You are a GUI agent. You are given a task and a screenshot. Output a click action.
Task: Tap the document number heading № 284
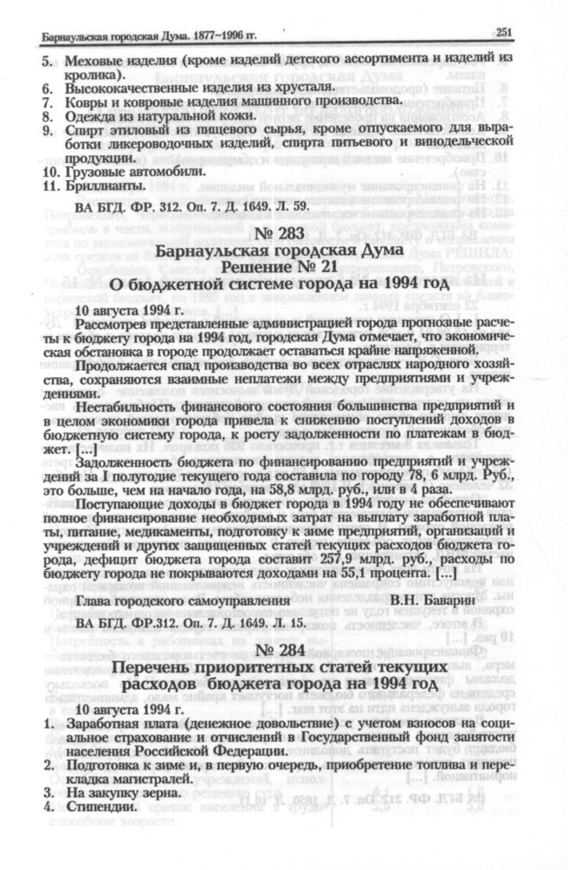coord(282,647)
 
